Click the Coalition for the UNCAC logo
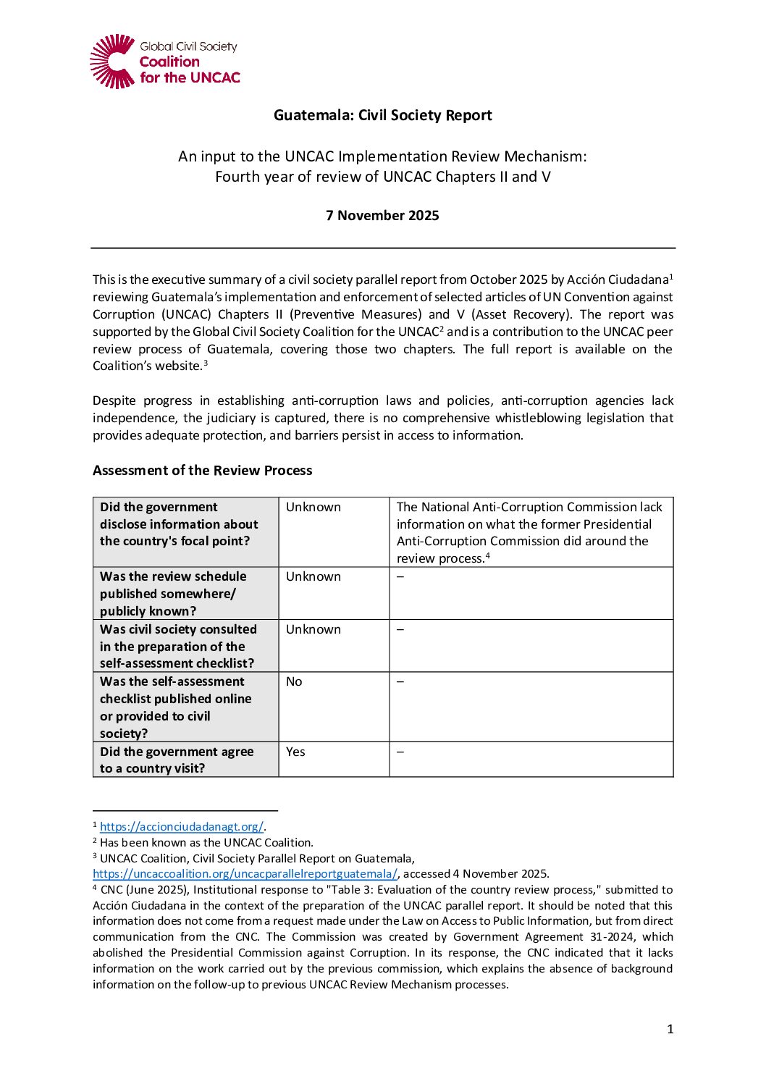click(164, 62)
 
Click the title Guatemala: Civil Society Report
click(382, 115)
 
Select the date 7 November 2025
click(382, 215)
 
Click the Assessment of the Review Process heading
click(202, 470)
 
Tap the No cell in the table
click(294, 681)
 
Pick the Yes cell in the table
click(295, 752)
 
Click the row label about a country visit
click(177, 760)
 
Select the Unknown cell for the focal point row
click(313, 507)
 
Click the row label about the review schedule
click(173, 593)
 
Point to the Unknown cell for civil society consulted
click(313, 629)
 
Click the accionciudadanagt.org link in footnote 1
click(181, 826)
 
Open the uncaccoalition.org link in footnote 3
click(245, 873)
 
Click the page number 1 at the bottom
click(670, 1029)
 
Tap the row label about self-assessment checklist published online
click(175, 707)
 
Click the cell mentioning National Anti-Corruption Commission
click(529, 532)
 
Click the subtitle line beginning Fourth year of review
click(382, 177)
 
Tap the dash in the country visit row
click(400, 752)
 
